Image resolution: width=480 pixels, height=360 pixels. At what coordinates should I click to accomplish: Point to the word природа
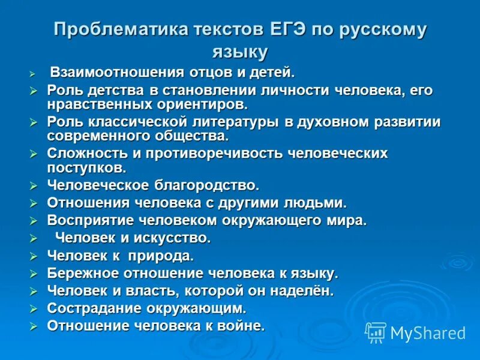(x=163, y=256)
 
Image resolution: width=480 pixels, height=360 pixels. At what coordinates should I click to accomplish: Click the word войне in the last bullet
(x=242, y=326)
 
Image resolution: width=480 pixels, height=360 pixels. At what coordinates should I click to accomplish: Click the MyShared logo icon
(x=376, y=332)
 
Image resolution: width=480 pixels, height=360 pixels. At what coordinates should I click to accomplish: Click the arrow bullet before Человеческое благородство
(x=34, y=185)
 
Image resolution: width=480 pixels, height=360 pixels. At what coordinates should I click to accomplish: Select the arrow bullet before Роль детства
(x=34, y=91)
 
